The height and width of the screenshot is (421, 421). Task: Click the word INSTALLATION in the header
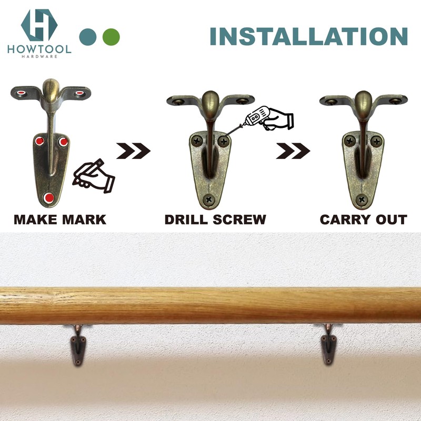(309, 36)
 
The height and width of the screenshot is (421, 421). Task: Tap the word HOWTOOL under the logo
(39, 48)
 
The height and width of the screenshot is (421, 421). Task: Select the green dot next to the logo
(111, 36)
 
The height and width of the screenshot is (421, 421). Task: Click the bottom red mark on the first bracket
(49, 197)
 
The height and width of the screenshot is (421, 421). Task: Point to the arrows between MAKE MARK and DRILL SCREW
(134, 151)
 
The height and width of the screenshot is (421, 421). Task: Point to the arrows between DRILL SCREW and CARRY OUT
(293, 151)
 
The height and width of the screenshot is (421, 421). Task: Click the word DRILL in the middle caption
(187, 219)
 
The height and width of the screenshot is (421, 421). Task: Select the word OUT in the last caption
(390, 219)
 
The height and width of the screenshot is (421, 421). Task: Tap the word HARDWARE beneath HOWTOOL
(39, 56)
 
